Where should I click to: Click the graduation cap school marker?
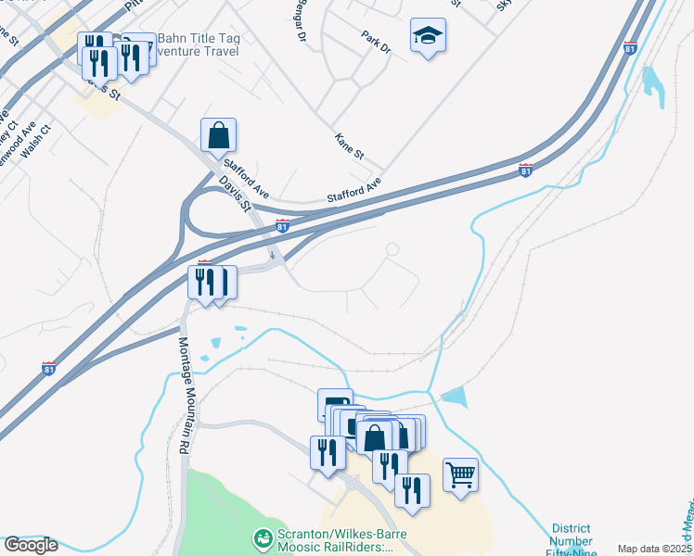(428, 36)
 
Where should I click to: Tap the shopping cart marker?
(460, 475)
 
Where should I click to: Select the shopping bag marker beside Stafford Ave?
(218, 135)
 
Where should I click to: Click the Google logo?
(31, 545)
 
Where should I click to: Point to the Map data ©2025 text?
(654, 549)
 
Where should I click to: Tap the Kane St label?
(349, 144)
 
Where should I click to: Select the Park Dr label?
(377, 42)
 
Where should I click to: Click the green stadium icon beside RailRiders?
(263, 537)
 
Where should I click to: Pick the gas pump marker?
(335, 405)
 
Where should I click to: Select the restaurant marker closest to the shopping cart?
(412, 491)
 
